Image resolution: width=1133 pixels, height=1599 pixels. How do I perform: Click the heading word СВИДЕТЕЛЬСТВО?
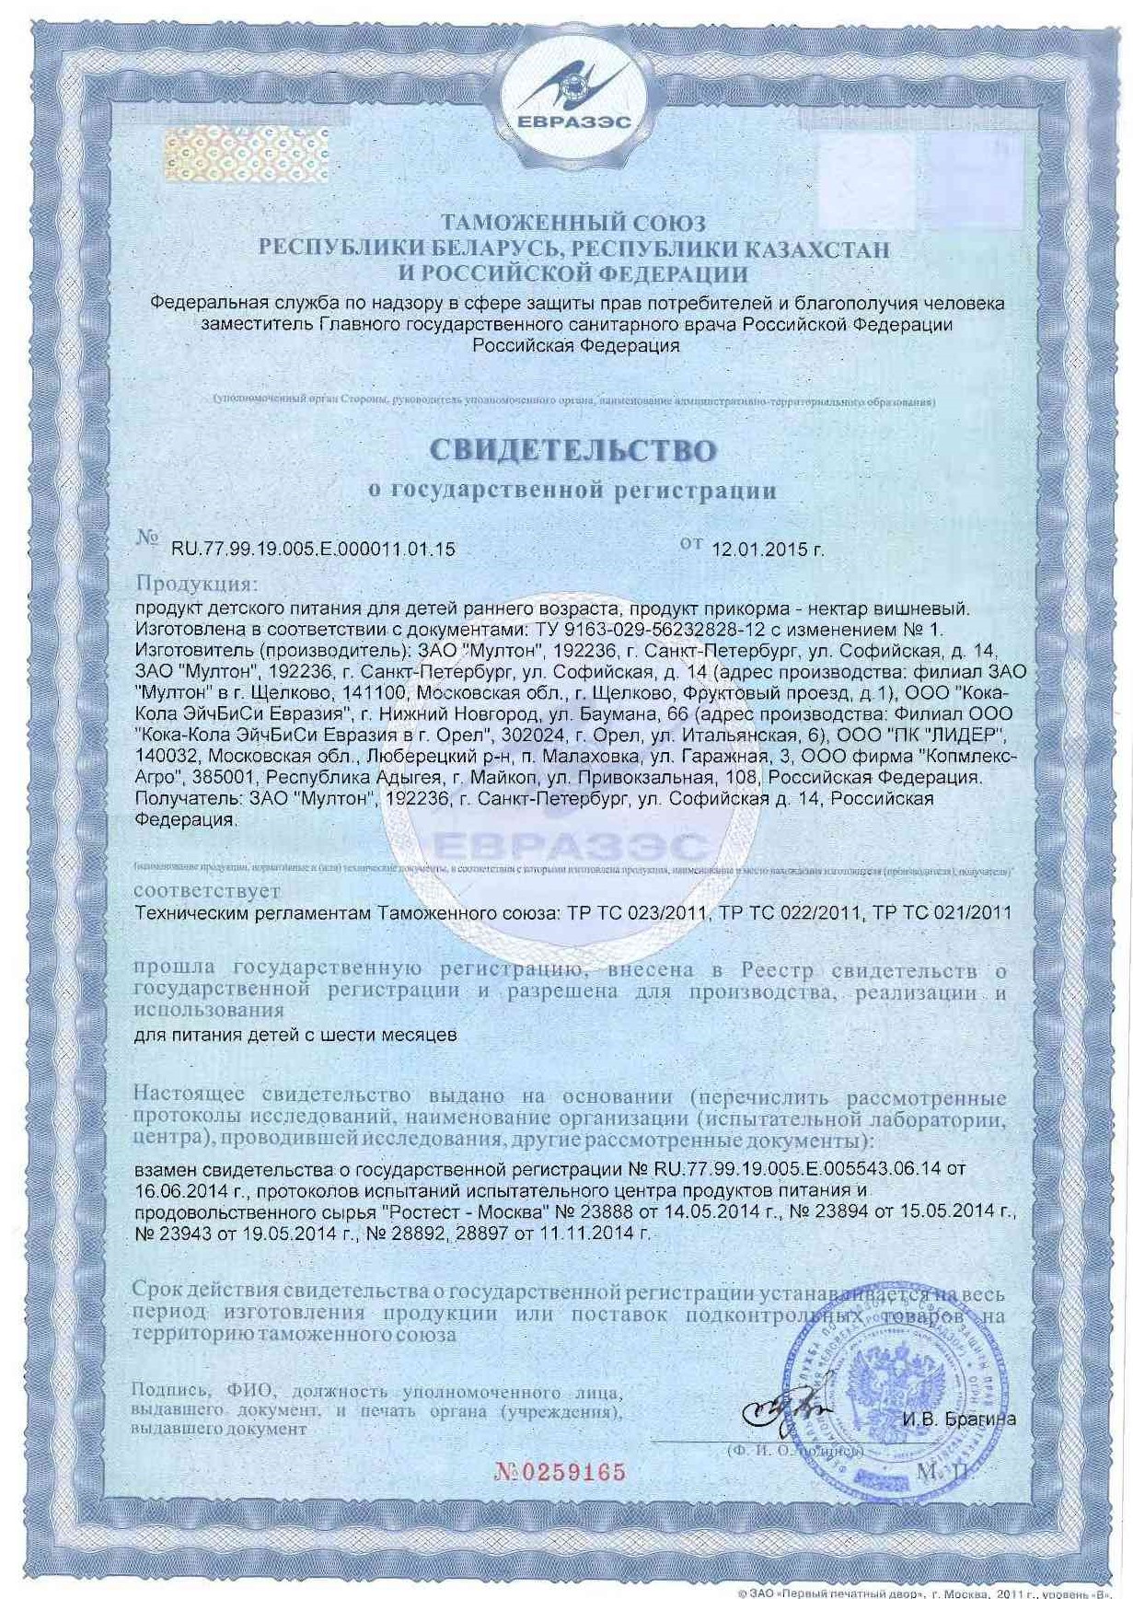pyautogui.click(x=572, y=450)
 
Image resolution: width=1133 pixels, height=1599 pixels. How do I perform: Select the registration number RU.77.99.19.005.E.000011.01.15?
pyautogui.click(x=313, y=550)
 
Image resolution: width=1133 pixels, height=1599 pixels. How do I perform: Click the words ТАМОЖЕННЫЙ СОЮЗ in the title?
pyautogui.click(x=572, y=224)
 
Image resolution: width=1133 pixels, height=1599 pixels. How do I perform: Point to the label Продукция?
pyautogui.click(x=197, y=585)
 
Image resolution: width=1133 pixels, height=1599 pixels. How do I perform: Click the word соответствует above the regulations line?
pyautogui.click(x=207, y=891)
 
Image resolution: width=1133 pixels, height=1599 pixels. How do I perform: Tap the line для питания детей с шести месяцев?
pyautogui.click(x=295, y=1035)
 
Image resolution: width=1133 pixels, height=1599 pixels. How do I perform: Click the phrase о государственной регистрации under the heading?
pyautogui.click(x=572, y=491)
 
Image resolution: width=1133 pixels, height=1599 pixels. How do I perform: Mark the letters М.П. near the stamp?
pyautogui.click(x=942, y=1470)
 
